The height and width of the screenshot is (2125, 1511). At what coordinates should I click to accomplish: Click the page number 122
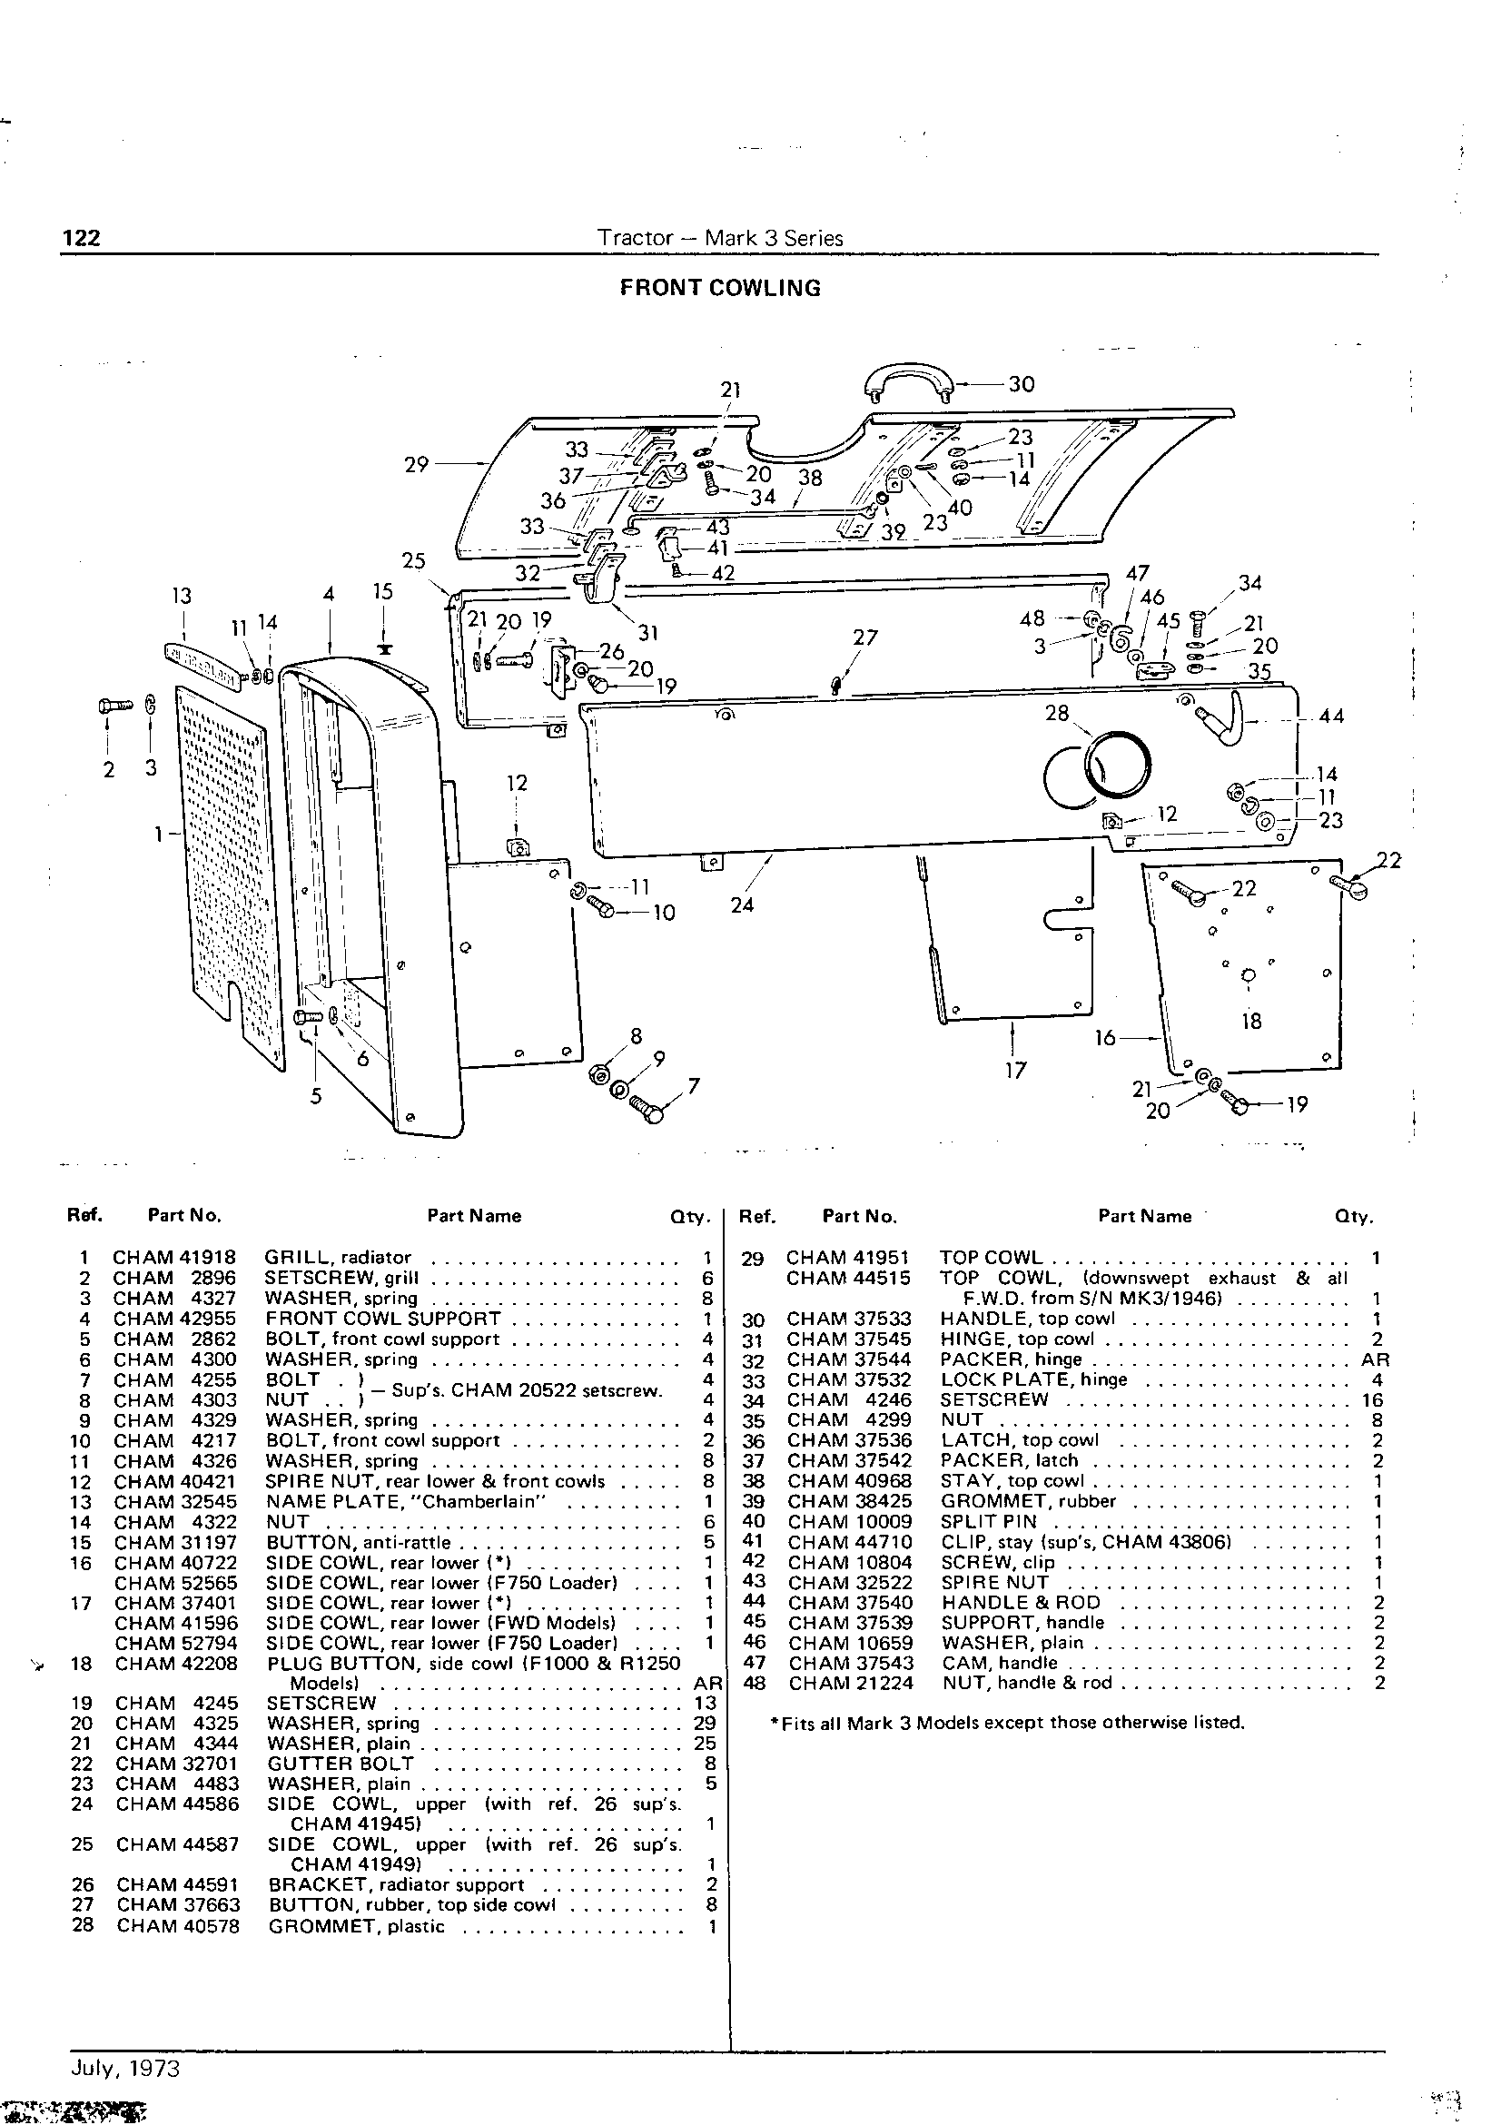81,238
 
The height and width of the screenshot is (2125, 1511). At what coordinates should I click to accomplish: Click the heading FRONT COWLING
720,289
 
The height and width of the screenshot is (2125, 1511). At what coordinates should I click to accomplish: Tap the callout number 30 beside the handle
1022,384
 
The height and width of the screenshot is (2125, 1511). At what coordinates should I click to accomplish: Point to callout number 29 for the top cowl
416,463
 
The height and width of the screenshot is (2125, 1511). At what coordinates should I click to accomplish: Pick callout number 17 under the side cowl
1015,1071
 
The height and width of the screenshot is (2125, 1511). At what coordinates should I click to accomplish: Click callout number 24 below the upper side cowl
742,904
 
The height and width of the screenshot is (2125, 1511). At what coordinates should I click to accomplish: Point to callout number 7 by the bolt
693,1086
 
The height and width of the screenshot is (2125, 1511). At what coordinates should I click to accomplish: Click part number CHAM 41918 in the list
174,1257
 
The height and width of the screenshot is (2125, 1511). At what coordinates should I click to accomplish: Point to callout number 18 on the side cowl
1251,1021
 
